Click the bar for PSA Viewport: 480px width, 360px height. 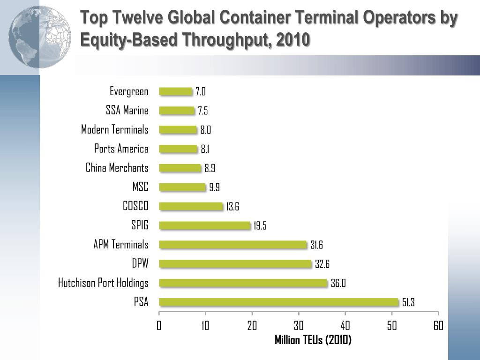278,302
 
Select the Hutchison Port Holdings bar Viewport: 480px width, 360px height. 243,283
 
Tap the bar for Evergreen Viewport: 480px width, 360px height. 175,91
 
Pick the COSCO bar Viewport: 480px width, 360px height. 191,206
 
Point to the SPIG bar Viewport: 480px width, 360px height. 205,225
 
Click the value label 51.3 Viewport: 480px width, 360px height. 408,303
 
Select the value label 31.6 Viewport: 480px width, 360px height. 316,245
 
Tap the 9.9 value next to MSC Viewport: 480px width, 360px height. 214,187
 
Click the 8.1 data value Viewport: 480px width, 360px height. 205,149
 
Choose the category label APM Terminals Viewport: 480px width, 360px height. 121,244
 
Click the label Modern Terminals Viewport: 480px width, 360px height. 115,129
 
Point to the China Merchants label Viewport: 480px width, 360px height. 117,168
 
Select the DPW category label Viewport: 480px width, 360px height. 140,263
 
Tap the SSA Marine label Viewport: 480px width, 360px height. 127,111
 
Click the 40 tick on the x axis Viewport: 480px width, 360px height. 345,326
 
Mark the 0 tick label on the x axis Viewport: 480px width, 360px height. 159,326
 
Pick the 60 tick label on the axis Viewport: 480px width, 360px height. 438,326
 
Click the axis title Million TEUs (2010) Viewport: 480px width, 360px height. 313,340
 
